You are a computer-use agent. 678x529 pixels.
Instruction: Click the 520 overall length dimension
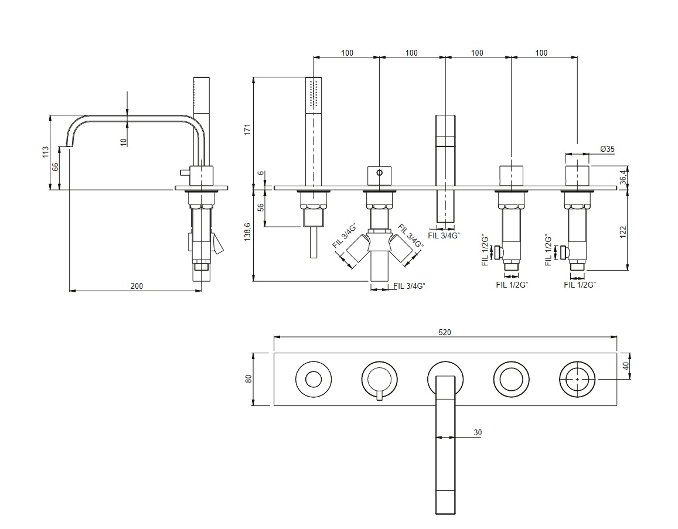coord(445,332)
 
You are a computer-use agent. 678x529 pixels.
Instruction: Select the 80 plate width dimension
coord(248,379)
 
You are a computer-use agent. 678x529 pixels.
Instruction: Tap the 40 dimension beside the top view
coord(625,366)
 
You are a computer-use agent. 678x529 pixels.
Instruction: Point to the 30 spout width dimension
coord(478,432)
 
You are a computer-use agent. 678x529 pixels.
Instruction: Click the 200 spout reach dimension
coord(136,286)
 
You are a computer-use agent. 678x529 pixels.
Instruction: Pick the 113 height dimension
coord(46,152)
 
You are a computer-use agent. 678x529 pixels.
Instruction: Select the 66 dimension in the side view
coord(56,167)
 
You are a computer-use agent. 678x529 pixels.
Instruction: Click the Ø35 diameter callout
coord(607,149)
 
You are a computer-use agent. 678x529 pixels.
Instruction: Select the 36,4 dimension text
coord(625,175)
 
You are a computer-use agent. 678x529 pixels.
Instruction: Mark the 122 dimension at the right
coord(624,231)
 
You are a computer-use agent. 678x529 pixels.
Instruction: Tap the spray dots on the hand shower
coord(314,94)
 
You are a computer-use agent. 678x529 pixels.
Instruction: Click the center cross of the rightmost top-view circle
coord(578,380)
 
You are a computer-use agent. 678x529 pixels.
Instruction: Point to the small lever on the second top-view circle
coord(379,397)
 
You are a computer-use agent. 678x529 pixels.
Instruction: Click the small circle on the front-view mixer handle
coord(379,173)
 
